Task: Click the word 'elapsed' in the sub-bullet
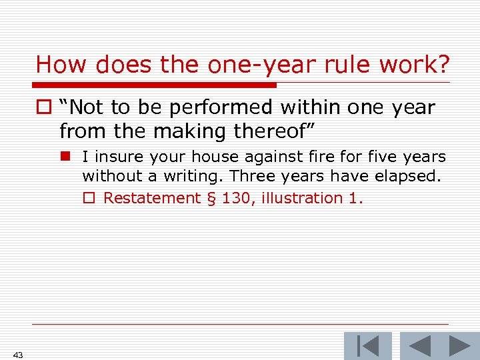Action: click(x=409, y=177)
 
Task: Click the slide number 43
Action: click(x=17, y=355)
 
